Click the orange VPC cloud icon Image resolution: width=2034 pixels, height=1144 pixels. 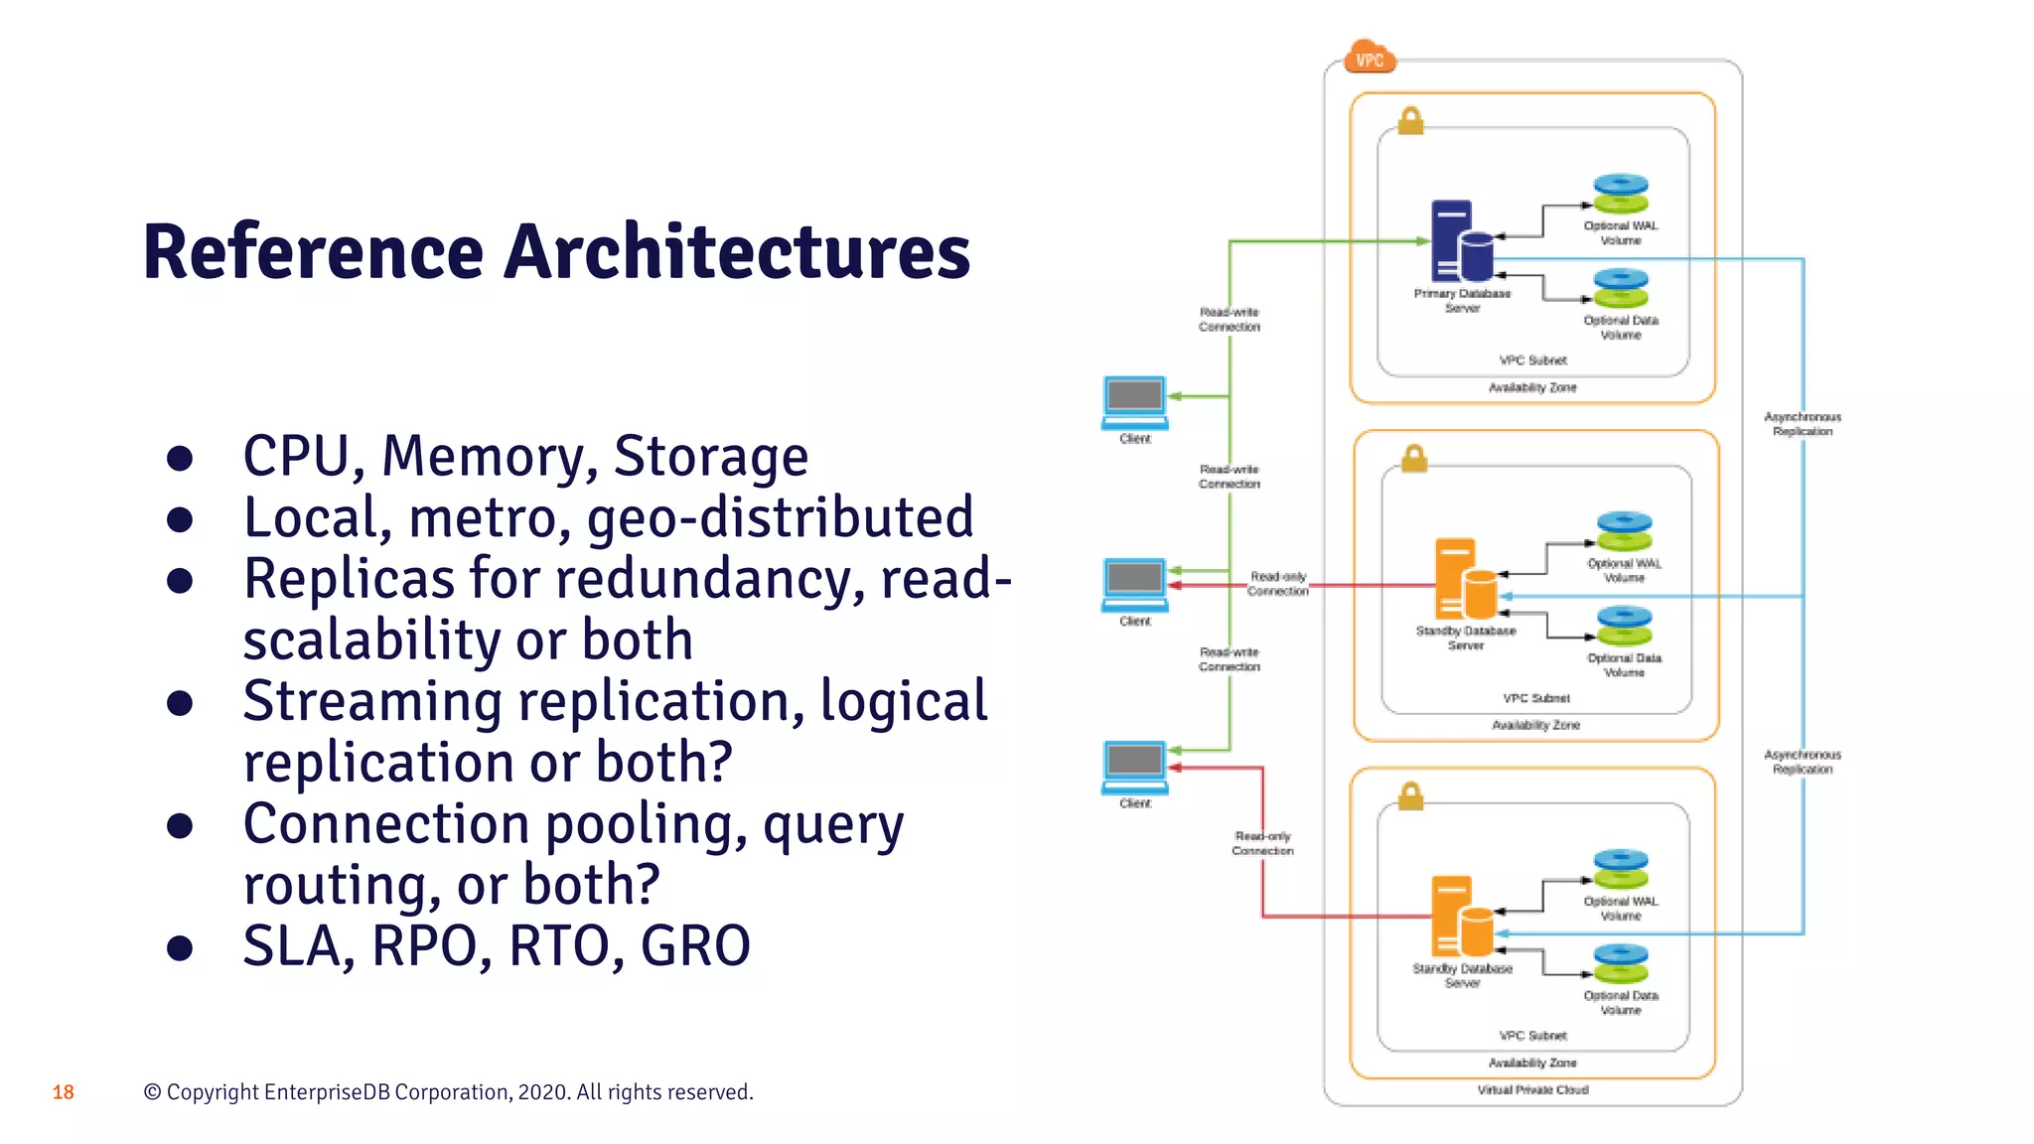click(x=1370, y=59)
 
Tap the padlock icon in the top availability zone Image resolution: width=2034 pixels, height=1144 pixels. click(x=1410, y=121)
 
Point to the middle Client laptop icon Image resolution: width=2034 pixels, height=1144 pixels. click(x=1135, y=584)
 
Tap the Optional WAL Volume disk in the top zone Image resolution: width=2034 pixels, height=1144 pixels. click(x=1621, y=194)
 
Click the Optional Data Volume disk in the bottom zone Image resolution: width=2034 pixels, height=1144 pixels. click(x=1621, y=964)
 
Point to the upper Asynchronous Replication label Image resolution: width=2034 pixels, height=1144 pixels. click(x=1803, y=424)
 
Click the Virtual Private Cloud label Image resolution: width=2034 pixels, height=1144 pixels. click(x=1532, y=1090)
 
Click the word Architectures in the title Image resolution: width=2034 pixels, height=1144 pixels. click(x=737, y=252)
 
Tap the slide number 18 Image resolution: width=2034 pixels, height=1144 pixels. click(x=64, y=1092)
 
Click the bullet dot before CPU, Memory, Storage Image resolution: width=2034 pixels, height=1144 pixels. click(x=180, y=458)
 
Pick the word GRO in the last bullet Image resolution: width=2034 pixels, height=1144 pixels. click(x=695, y=945)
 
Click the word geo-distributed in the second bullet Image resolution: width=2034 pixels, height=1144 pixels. click(x=780, y=517)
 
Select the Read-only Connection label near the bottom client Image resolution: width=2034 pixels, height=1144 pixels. click(x=1262, y=843)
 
